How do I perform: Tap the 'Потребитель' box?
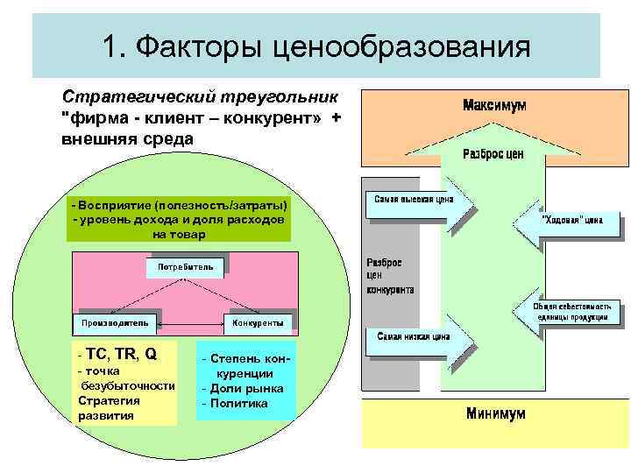coord(185,265)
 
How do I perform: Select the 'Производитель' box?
coord(115,322)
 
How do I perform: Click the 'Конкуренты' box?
coord(259,322)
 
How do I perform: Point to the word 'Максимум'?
coord(495,105)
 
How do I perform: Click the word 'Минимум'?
coord(496,413)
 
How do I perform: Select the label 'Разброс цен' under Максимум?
coord(493,154)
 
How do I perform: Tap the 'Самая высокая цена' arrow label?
coord(413,199)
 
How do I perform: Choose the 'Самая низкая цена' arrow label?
coord(414,335)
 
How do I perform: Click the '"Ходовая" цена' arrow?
coord(570,220)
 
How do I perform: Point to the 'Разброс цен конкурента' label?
coord(389,276)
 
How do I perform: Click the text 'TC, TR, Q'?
coord(119,355)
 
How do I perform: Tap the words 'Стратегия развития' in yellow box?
coord(109,407)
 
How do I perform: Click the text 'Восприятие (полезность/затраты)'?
coord(180,204)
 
